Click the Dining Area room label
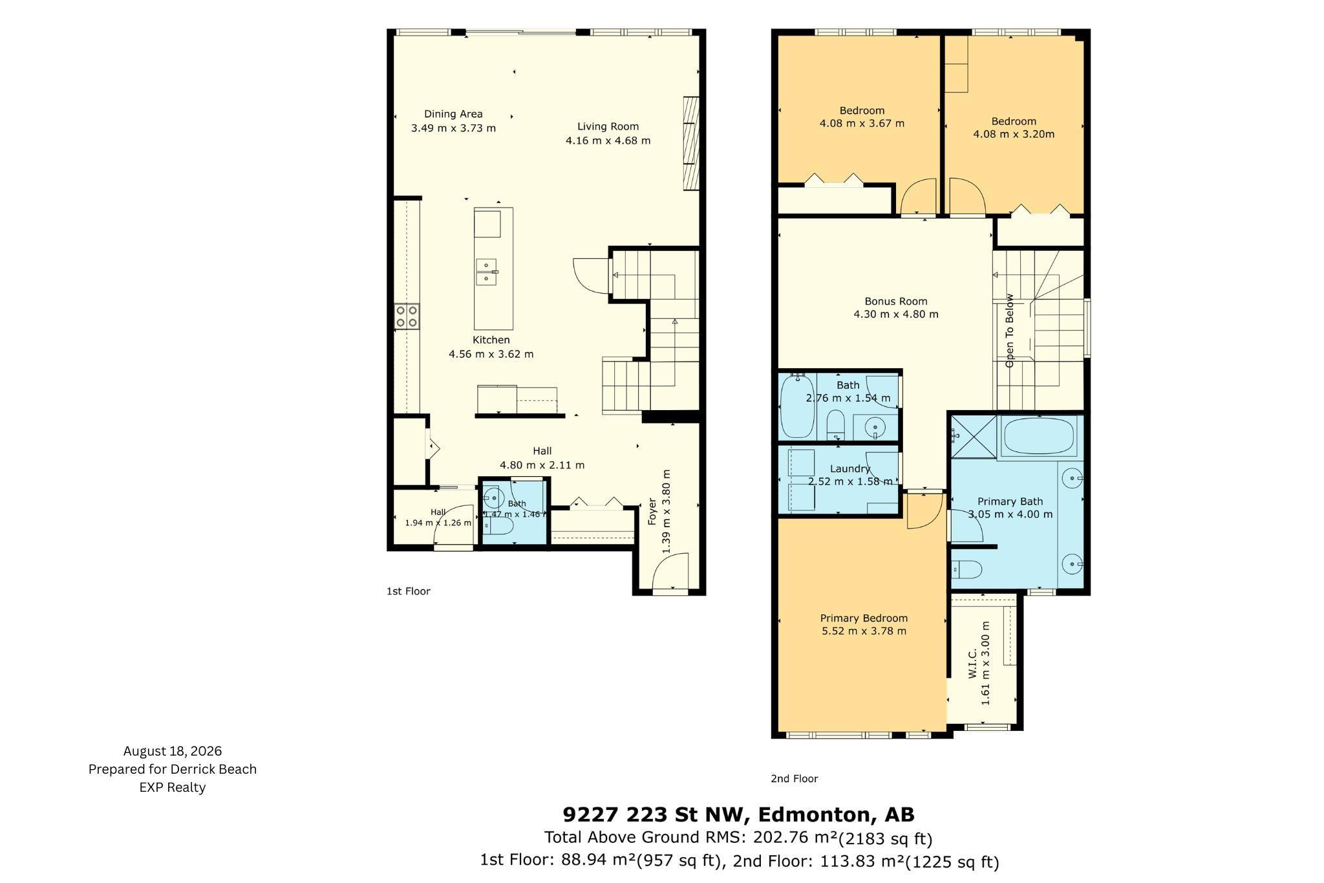coord(453,114)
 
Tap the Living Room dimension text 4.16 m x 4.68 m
coord(608,140)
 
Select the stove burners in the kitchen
coord(407,316)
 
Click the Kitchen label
coord(491,340)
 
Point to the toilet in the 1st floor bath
coord(498,527)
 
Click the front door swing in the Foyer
coord(670,569)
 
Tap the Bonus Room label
coord(896,301)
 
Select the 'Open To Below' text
coord(1009,331)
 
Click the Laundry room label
coord(850,468)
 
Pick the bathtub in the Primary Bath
coord(1037,437)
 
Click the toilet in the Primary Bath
coord(966,569)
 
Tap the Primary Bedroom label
coord(864,618)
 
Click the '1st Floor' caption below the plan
coord(409,591)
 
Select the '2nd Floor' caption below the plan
coord(794,778)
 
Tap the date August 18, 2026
coord(173,751)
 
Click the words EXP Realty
coord(173,787)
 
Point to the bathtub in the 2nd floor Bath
coord(798,406)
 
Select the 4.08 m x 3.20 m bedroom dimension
coord(1014,134)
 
